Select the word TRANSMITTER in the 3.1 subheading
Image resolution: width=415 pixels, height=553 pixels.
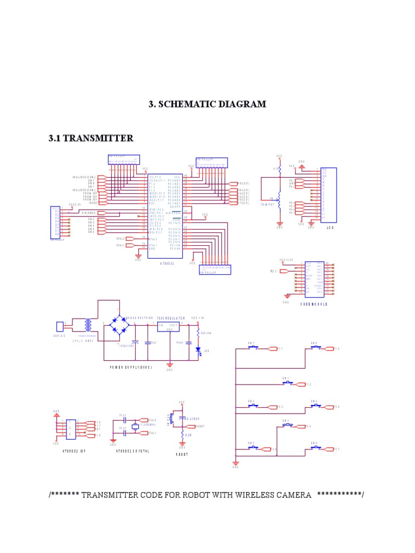[x=98, y=139]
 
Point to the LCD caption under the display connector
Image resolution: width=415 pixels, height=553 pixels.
[x=330, y=228]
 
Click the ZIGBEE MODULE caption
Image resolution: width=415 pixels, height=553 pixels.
[x=314, y=304]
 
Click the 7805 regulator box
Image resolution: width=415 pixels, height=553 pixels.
[x=168, y=326]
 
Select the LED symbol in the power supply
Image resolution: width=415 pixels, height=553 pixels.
[x=198, y=350]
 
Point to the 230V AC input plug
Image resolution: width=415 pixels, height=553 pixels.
[x=60, y=326]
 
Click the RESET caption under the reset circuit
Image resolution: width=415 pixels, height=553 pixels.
[x=182, y=454]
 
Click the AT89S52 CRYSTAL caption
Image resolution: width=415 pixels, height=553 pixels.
[x=132, y=450]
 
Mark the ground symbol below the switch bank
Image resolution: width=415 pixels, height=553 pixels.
[x=236, y=463]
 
